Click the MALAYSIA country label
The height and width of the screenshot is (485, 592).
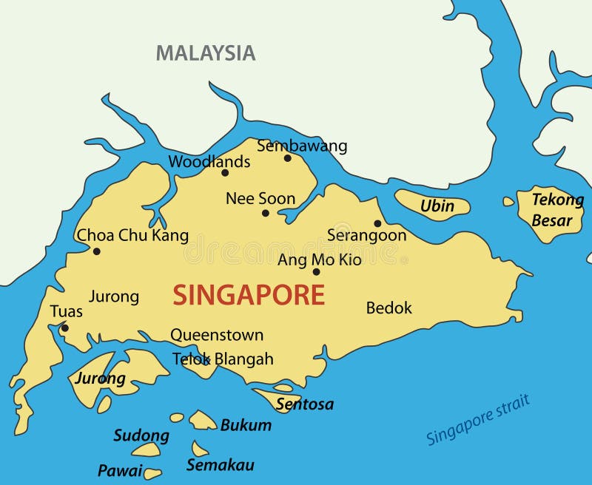tap(206, 53)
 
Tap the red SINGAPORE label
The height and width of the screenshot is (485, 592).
tap(249, 296)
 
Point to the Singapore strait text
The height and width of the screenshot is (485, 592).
tap(478, 421)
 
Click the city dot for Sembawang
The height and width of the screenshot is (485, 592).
tap(288, 157)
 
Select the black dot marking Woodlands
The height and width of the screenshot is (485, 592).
tap(225, 173)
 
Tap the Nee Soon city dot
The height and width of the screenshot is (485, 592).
tap(266, 213)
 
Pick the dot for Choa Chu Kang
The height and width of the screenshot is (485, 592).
tap(97, 251)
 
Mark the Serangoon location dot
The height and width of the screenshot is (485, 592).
tap(377, 223)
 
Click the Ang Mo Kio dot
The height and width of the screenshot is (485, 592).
tap(316, 272)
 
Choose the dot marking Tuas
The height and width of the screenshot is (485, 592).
tap(65, 328)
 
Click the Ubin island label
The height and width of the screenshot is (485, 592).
tap(437, 206)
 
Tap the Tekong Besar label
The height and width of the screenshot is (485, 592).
tap(556, 209)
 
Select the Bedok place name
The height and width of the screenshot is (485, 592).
tap(389, 308)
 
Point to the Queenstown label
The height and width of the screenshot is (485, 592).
tap(217, 335)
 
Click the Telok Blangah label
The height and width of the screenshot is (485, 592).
tap(223, 359)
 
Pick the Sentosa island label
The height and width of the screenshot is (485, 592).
tap(305, 404)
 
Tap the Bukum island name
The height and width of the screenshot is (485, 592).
tap(246, 425)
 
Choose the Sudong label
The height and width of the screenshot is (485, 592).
tap(141, 435)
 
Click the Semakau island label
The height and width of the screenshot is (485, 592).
tap(221, 465)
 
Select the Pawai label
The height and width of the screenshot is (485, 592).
tap(120, 470)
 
